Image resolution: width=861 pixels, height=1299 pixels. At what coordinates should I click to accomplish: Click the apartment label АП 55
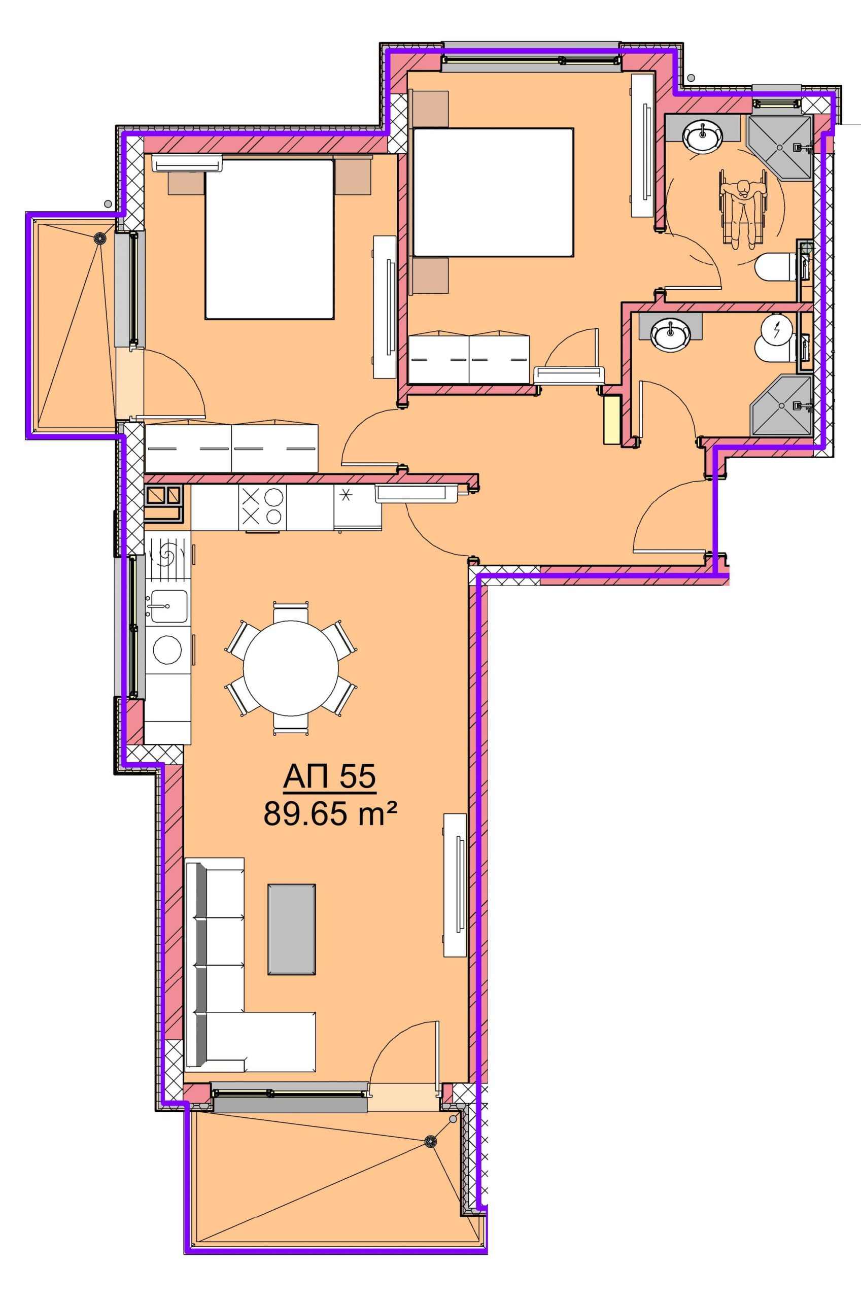coord(329,777)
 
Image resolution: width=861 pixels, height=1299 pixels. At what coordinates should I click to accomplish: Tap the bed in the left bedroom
coord(269,240)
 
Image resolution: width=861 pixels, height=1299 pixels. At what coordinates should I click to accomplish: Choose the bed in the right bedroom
coord(493,192)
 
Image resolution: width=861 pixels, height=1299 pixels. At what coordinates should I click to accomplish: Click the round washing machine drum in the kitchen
coord(167,651)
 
